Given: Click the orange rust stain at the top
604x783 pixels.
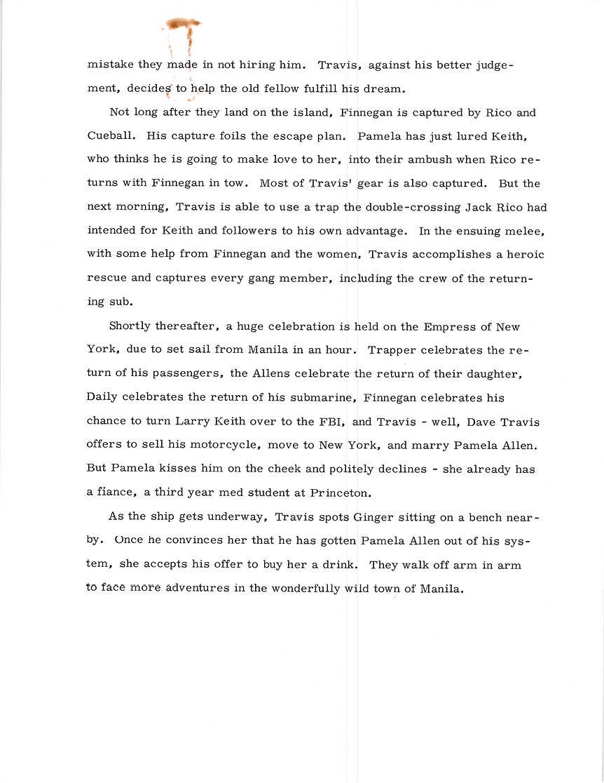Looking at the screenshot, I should (184, 25).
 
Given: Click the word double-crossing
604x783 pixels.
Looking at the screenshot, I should (416, 208).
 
